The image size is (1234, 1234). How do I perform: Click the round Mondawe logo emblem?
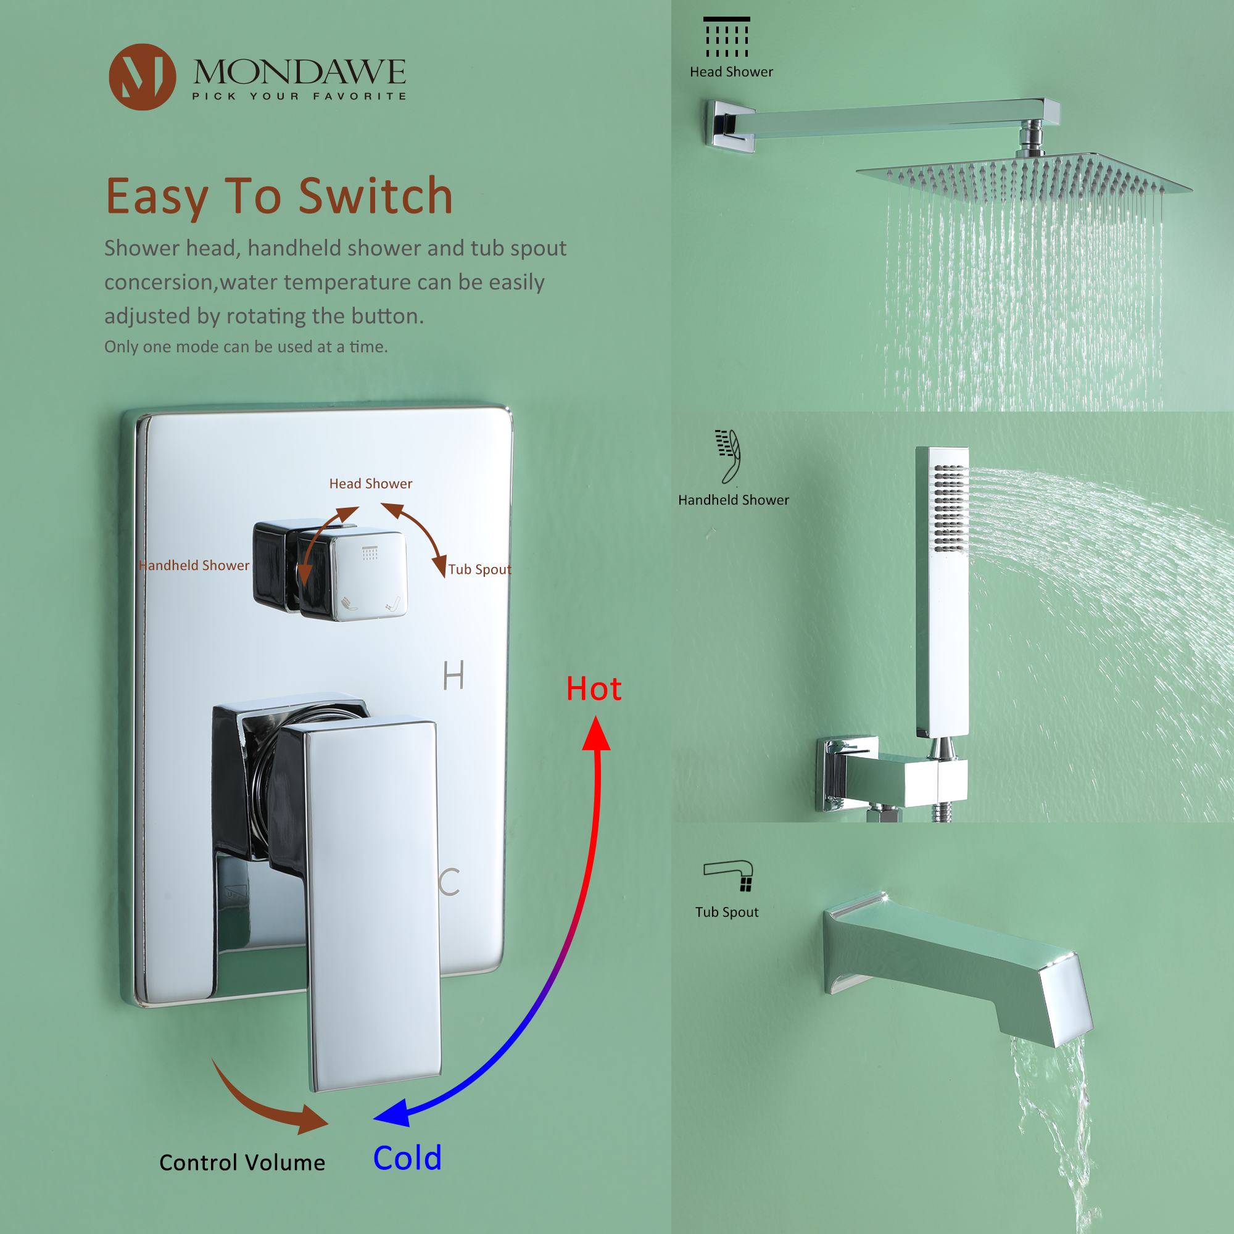tap(142, 77)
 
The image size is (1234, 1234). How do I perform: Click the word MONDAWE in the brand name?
tap(299, 72)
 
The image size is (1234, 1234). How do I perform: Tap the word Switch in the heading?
tap(376, 196)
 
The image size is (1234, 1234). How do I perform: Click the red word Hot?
tap(594, 689)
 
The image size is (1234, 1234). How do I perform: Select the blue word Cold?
tap(407, 1158)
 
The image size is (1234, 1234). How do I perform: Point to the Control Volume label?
tap(242, 1162)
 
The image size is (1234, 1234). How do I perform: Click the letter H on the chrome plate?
tap(453, 675)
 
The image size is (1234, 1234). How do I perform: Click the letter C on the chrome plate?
tap(450, 882)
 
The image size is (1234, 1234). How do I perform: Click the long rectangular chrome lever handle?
tap(374, 901)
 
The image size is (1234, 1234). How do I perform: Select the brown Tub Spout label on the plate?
tap(479, 569)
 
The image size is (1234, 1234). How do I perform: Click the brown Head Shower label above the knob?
tap(370, 484)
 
